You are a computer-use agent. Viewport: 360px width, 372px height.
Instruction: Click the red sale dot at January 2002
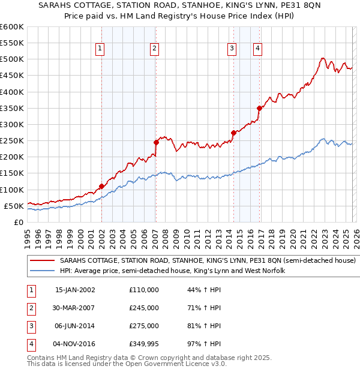point(101,186)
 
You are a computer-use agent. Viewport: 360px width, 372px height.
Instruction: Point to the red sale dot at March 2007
point(156,142)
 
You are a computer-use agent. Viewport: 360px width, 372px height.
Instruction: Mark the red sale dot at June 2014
point(233,133)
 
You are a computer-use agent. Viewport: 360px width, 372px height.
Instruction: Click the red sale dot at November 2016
point(259,108)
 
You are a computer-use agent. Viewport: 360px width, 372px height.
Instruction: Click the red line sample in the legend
point(43,261)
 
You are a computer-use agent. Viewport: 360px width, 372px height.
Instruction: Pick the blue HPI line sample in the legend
point(43,271)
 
